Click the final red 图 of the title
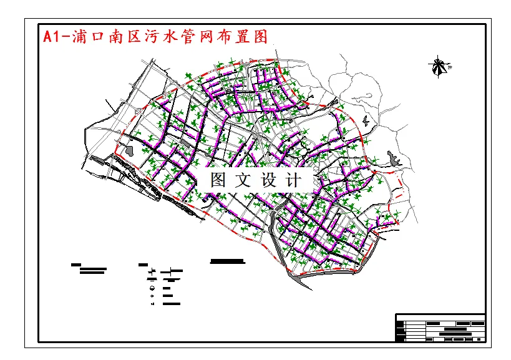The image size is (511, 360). [262, 36]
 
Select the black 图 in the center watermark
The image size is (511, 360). [218, 181]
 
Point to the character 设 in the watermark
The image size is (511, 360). [268, 181]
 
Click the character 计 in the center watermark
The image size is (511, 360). [293, 181]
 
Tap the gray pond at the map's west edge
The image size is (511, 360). [130, 150]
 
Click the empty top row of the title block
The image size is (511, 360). [440, 317]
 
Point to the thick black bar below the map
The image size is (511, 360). [227, 261]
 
